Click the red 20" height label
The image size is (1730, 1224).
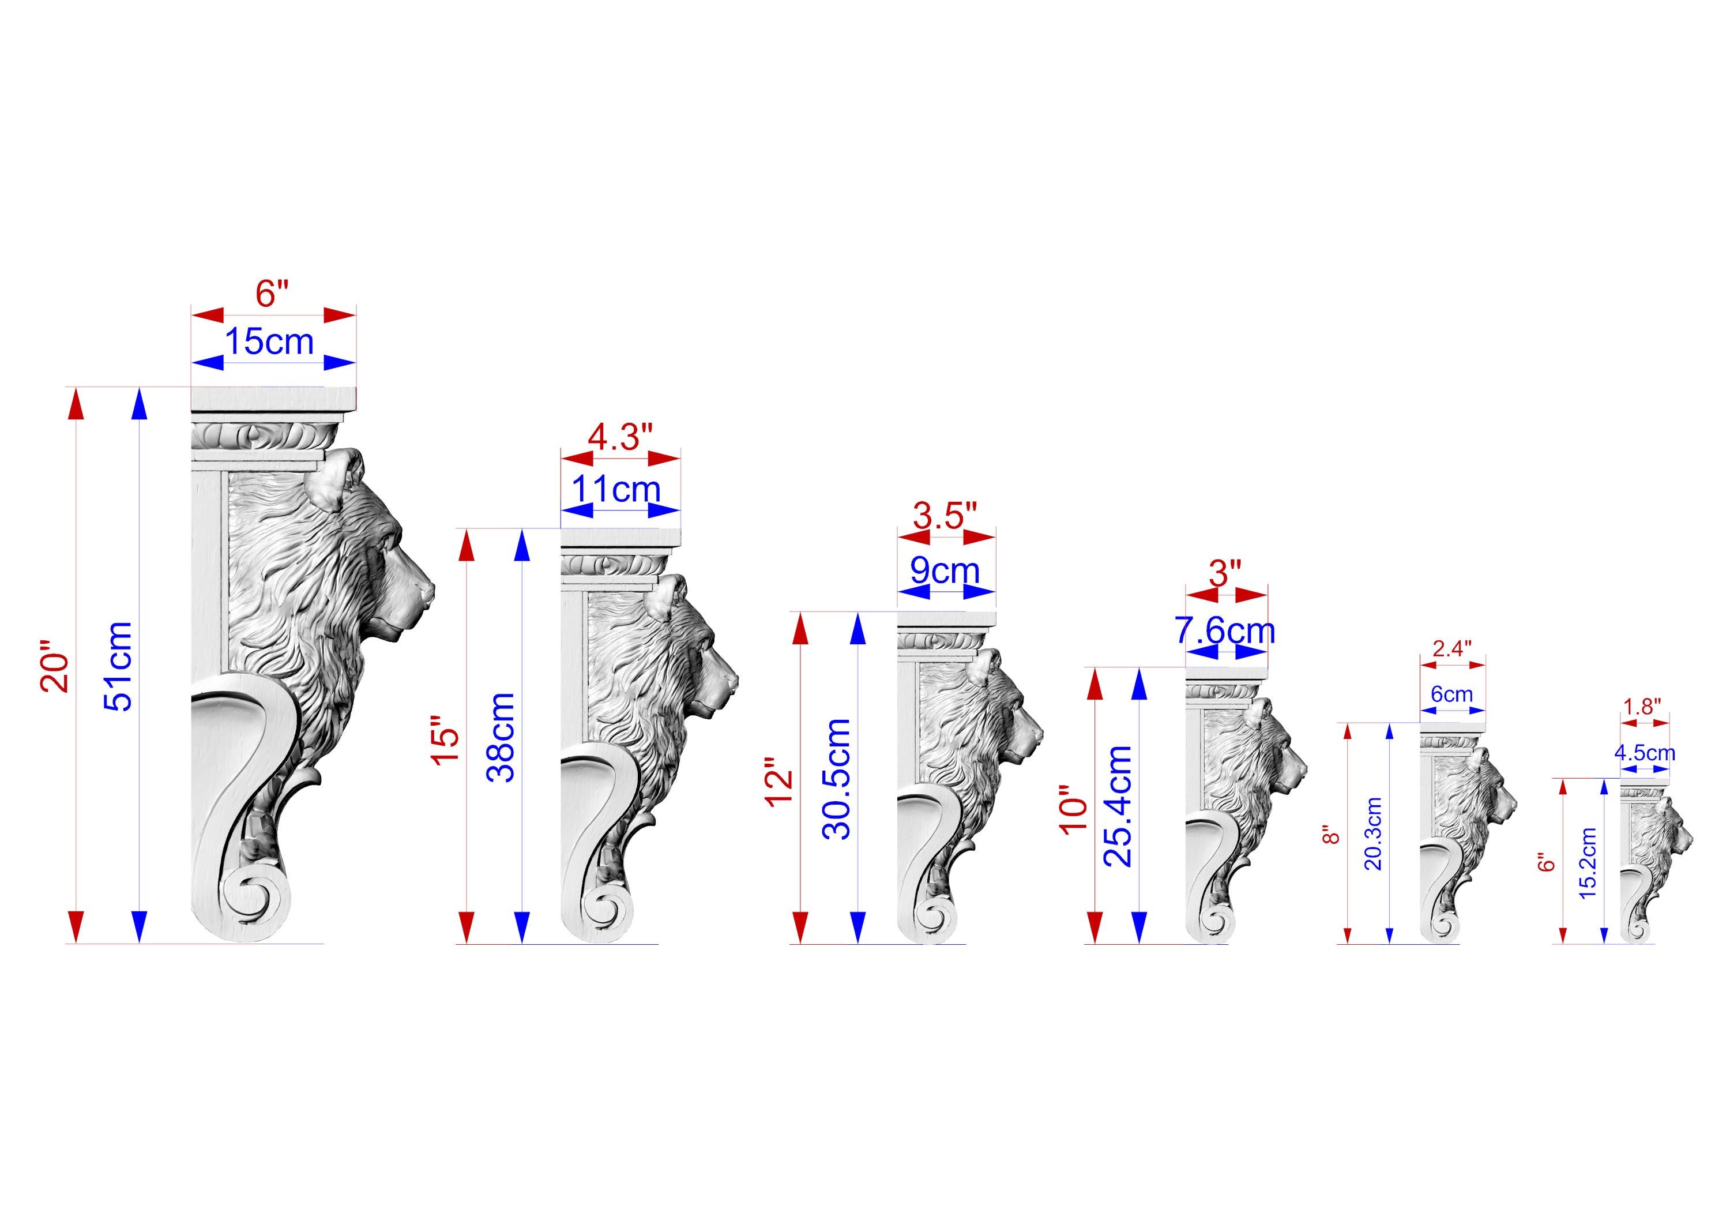[x=56, y=666]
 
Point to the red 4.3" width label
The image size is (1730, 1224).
[x=620, y=437]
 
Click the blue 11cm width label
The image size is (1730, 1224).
[x=616, y=489]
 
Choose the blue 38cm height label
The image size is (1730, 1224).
[x=501, y=737]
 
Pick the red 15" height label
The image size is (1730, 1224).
[x=445, y=746]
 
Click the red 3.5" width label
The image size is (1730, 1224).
[x=945, y=516]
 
